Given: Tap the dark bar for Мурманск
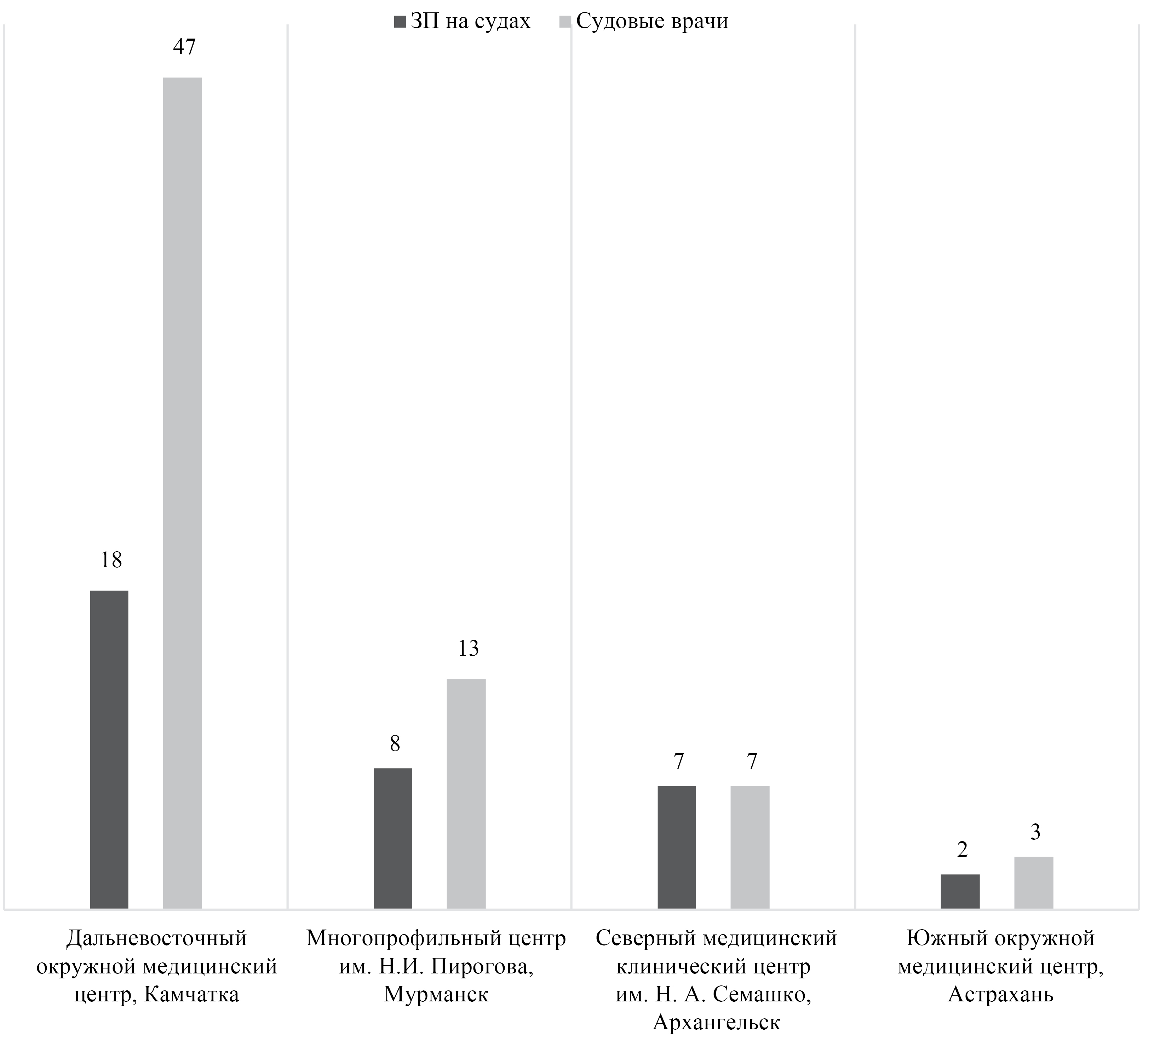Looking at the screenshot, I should point(393,838).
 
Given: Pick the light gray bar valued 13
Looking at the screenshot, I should point(466,793).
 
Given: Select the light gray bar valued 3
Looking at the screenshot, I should point(1034,882).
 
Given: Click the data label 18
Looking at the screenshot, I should point(111,560).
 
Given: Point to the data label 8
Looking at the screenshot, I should point(395,743).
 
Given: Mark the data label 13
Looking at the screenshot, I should point(468,648).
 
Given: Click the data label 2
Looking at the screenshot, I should point(962,850).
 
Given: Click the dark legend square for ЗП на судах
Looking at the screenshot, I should point(399,22).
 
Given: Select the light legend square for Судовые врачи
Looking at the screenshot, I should point(565,22).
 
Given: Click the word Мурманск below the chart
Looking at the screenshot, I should point(436,995).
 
